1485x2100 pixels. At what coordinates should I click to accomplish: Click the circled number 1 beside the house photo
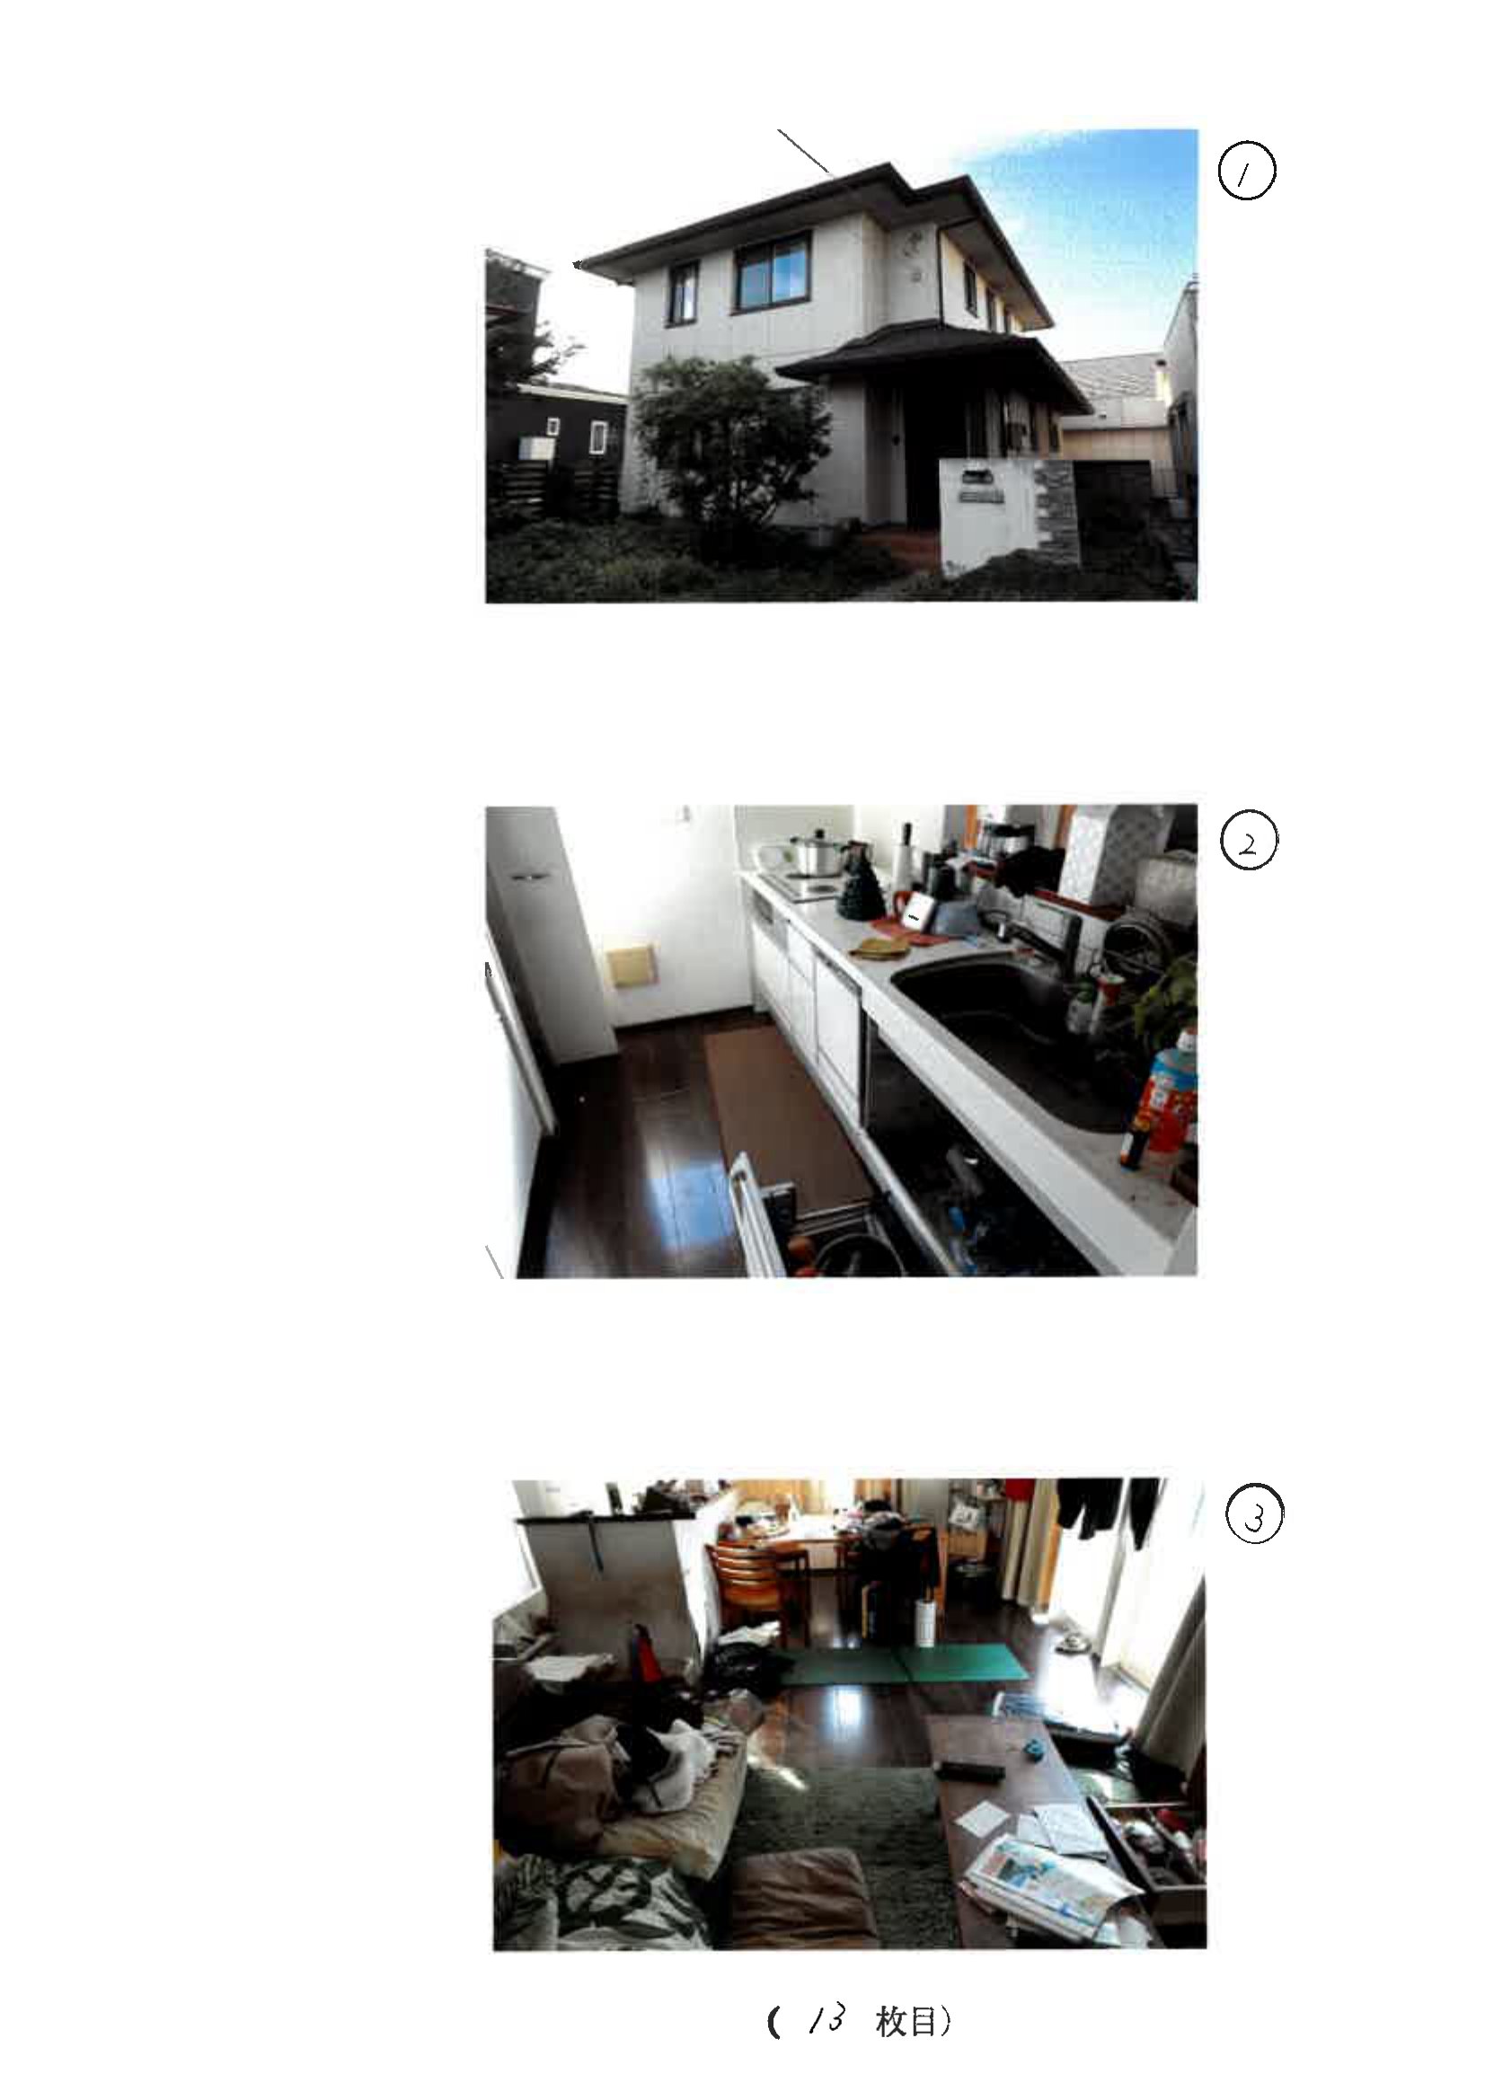(1247, 172)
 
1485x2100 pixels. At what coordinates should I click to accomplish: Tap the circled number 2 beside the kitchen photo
(1249, 843)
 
